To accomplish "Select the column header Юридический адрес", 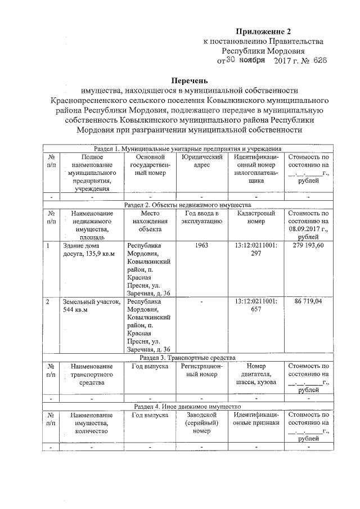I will (201, 161).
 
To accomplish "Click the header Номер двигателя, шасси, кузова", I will (256, 374).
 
